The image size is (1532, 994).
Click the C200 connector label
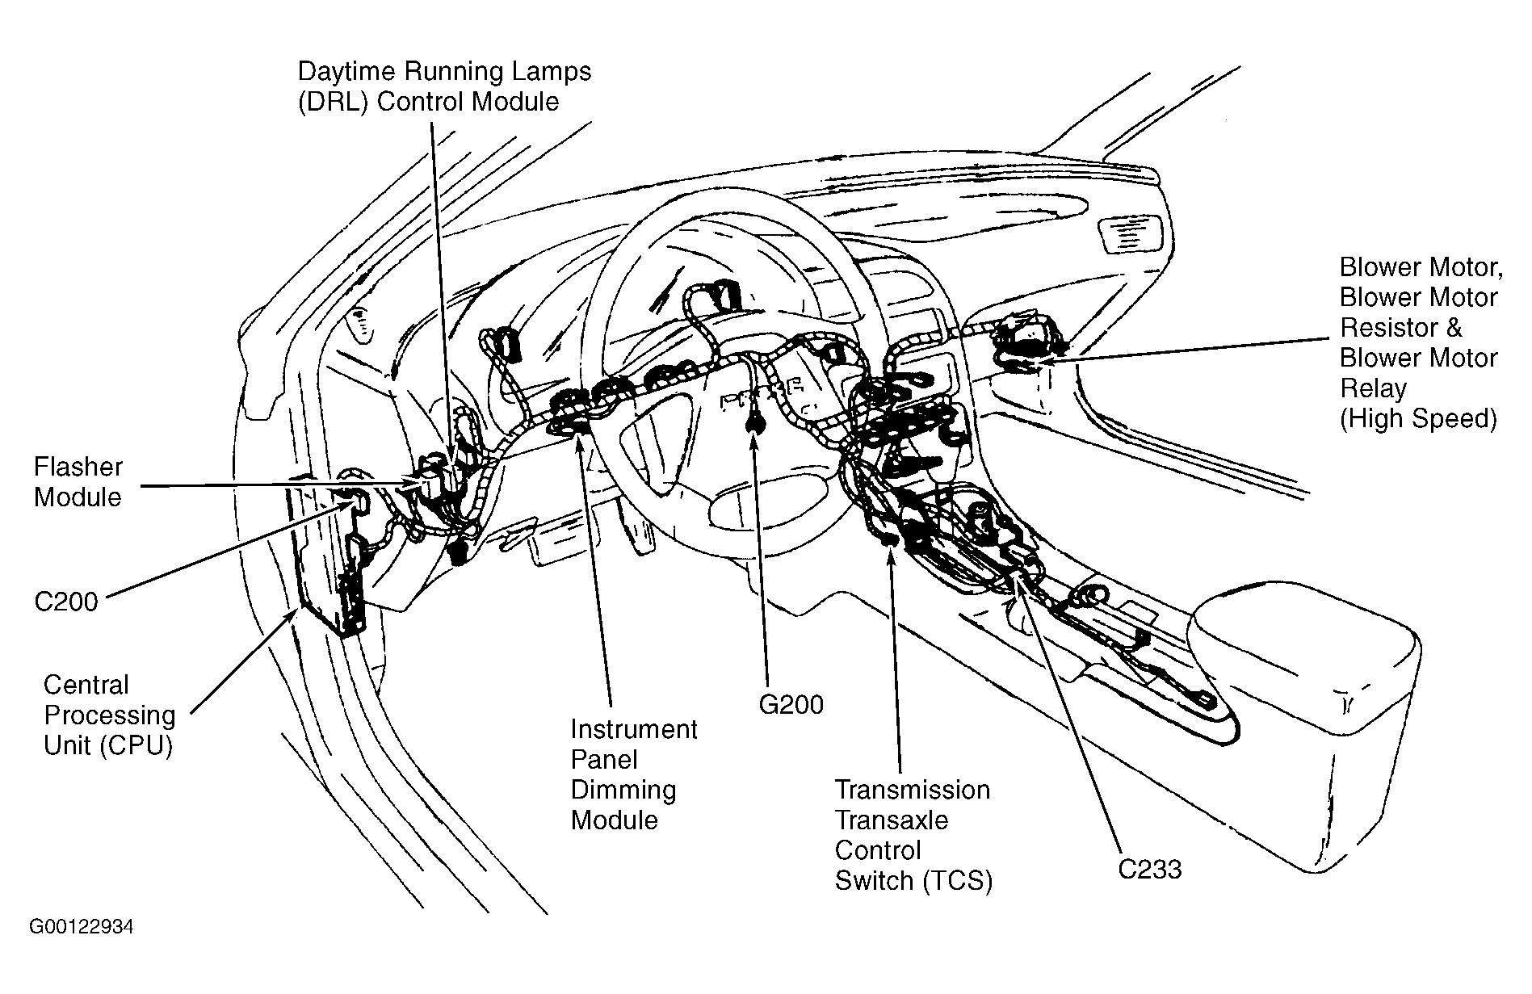[66, 602]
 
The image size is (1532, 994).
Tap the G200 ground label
[791, 705]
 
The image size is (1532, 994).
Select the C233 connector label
[1150, 869]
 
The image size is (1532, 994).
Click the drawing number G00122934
[82, 926]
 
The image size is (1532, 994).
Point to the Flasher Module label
[78, 482]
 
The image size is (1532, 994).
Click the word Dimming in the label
[623, 790]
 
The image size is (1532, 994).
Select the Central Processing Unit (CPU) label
[109, 715]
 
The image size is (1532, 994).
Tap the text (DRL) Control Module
[428, 102]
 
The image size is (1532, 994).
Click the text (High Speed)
[1418, 419]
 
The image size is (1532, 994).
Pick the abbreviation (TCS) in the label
[958, 881]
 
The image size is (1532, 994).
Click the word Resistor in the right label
[1400, 328]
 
